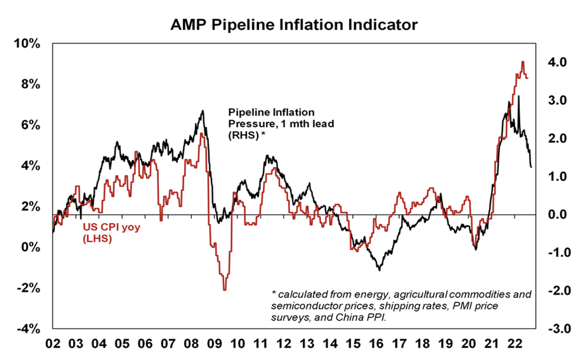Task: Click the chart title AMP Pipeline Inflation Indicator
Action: tap(294, 25)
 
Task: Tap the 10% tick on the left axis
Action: tap(27, 44)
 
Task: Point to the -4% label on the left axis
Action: tap(29, 329)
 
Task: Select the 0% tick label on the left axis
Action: tap(30, 247)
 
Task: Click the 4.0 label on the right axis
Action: tap(557, 62)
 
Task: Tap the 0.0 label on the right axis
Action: tap(557, 215)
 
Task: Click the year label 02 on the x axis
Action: tap(53, 344)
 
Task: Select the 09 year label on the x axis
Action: tap(214, 344)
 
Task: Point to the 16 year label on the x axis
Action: tap(376, 344)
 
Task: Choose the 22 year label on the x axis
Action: tap(515, 344)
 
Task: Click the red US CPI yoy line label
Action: tap(111, 232)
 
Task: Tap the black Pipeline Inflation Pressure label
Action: tap(281, 124)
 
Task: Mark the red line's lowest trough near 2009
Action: tap(225, 290)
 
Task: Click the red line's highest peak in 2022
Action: tap(523, 62)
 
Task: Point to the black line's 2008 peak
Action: tap(203, 111)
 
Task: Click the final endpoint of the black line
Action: tap(531, 167)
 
